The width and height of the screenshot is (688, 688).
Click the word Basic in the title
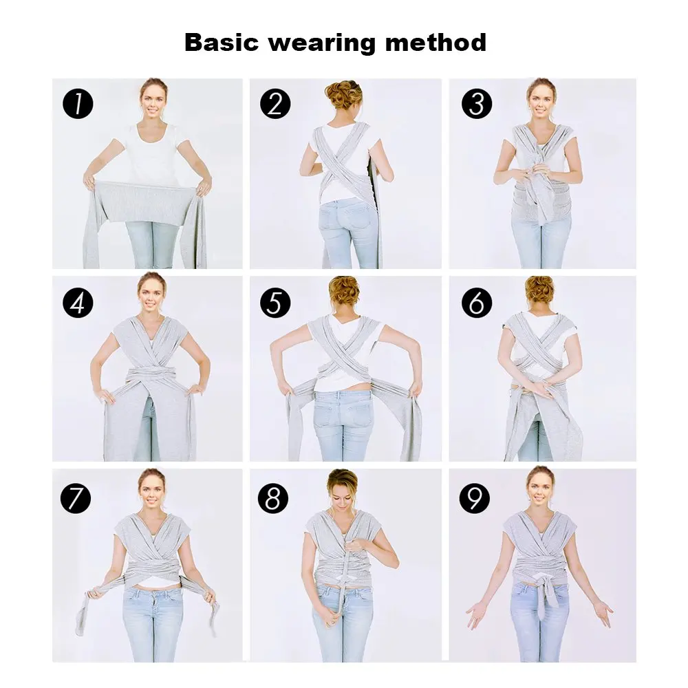222,43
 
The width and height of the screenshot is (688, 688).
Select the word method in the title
436,43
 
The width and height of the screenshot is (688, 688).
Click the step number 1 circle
78,104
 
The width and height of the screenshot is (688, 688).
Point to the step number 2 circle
275,104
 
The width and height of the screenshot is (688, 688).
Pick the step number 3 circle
477,104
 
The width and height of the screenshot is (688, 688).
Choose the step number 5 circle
275,303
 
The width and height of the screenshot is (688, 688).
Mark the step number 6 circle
477,302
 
